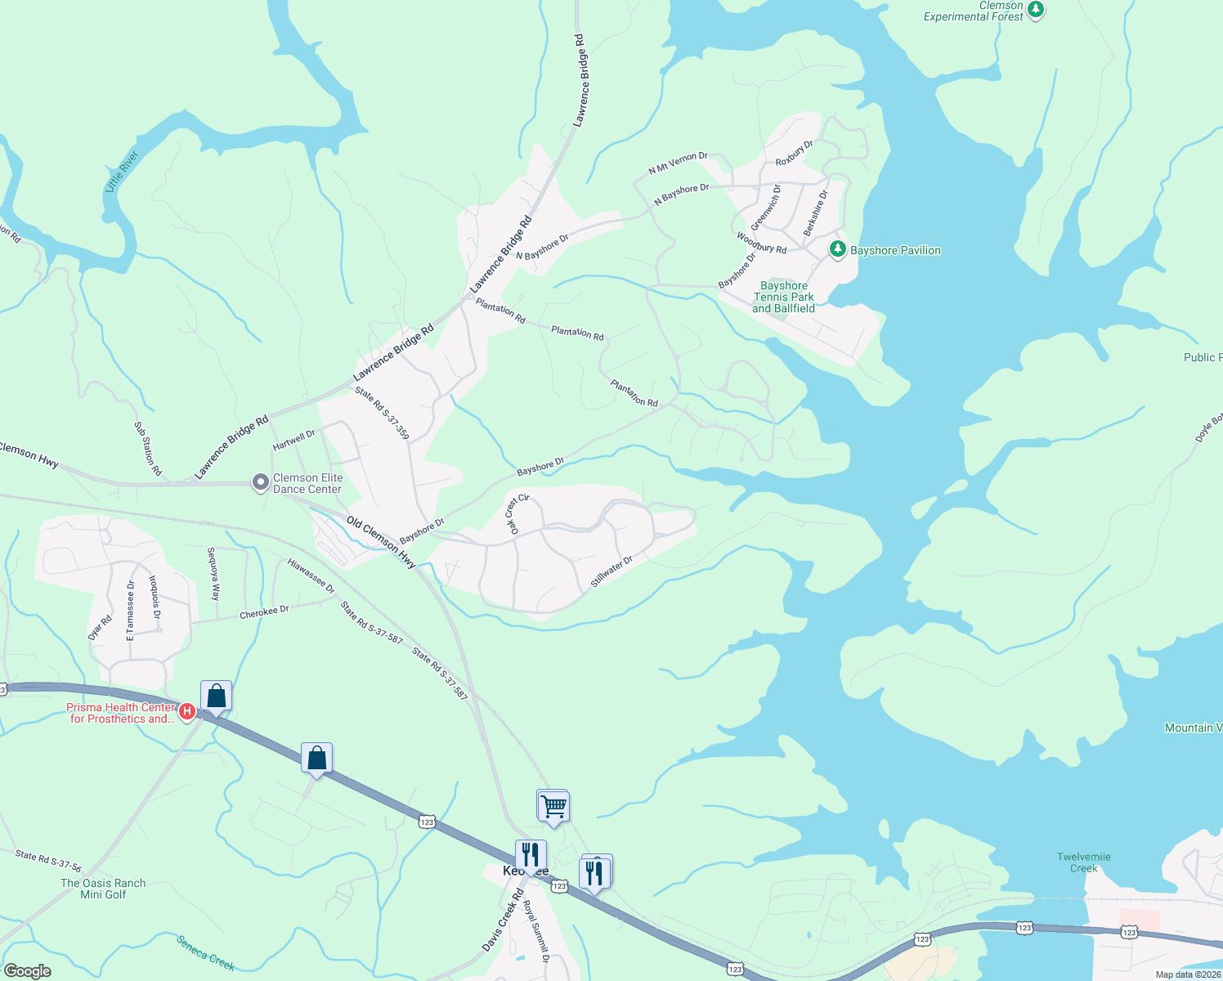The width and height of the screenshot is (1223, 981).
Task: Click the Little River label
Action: [122, 171]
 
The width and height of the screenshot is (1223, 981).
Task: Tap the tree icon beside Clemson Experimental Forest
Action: [1036, 10]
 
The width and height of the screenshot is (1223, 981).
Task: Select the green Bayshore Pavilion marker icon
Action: [837, 249]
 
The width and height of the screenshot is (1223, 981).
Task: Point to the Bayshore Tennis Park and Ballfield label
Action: [783, 297]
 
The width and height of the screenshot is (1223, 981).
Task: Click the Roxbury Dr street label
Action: [794, 153]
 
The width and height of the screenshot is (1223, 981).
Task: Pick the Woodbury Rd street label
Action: [761, 243]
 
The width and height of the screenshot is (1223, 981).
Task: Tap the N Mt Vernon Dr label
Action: [678, 163]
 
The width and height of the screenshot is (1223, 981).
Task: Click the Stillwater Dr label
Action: [611, 571]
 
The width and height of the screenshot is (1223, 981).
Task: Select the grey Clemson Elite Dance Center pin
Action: [260, 483]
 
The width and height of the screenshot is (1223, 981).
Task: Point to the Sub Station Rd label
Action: [148, 449]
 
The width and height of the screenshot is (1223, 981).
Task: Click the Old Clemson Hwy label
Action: [381, 542]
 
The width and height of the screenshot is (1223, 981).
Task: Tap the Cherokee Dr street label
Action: [264, 611]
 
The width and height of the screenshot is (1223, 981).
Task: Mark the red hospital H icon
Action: [186, 712]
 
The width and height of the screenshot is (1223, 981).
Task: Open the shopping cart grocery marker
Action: [553, 806]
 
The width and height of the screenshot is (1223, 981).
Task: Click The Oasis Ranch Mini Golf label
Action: [103, 889]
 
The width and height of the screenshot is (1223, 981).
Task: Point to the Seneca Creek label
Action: [206, 953]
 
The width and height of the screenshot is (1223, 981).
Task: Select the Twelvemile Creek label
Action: [1084, 862]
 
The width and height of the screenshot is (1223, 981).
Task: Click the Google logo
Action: [28, 971]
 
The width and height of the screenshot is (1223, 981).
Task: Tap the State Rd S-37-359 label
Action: [382, 414]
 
